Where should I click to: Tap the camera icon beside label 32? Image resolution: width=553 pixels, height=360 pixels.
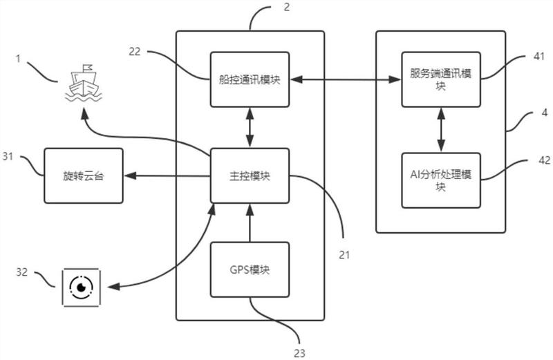[82, 285]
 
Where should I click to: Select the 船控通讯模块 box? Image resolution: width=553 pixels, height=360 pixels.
[250, 79]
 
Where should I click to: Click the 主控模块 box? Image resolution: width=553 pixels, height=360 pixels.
[250, 176]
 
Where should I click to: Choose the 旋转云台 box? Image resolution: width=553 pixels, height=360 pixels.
[84, 176]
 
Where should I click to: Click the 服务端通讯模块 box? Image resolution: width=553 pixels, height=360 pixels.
[440, 79]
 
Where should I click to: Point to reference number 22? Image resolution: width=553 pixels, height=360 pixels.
[135, 50]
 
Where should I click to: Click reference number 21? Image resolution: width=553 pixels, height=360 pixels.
[344, 254]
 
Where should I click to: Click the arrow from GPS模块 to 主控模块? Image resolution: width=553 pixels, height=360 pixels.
[250, 222]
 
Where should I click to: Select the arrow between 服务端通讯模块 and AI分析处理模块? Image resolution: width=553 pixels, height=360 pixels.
[440, 129]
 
